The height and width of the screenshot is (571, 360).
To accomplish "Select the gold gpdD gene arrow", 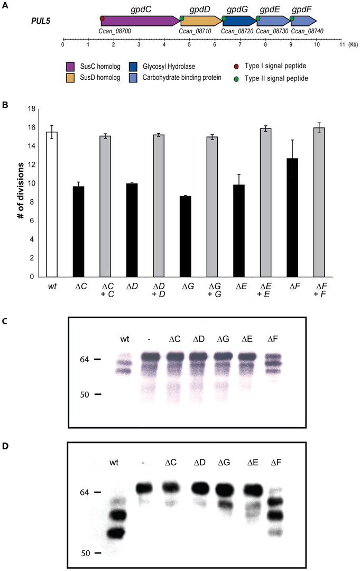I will tap(201, 21).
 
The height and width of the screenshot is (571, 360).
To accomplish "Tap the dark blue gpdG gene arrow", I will tap(239, 21).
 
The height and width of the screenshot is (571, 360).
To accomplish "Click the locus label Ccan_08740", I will tap(308, 31).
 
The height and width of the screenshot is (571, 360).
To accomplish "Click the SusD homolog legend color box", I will tap(70, 78).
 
